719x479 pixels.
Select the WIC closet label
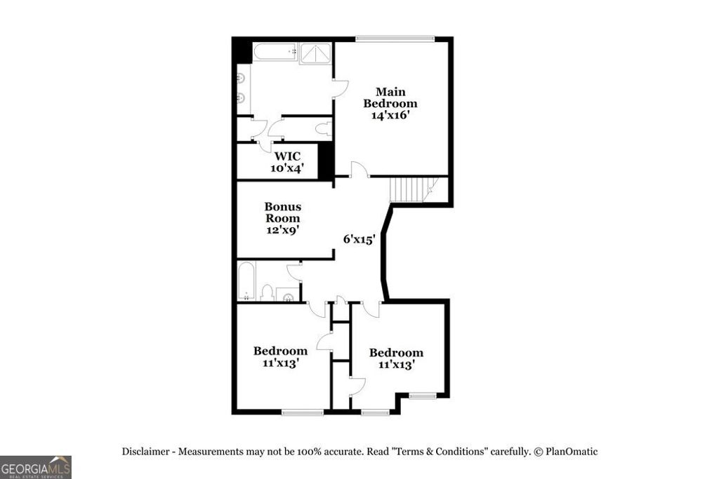coord(287,156)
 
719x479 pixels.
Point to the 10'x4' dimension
coord(287,168)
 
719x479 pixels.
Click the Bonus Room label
coord(283,212)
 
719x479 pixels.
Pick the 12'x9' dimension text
coord(283,230)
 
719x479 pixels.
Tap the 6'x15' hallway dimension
coord(358,239)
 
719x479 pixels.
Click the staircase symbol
coord(410,189)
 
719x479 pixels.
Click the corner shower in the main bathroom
coord(315,54)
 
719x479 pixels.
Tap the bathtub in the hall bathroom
coord(246,281)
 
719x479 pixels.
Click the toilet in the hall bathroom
coord(267,292)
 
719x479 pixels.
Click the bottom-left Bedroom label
coord(280,357)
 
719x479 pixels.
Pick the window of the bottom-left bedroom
coord(302,412)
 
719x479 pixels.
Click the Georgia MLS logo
coord(35,467)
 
